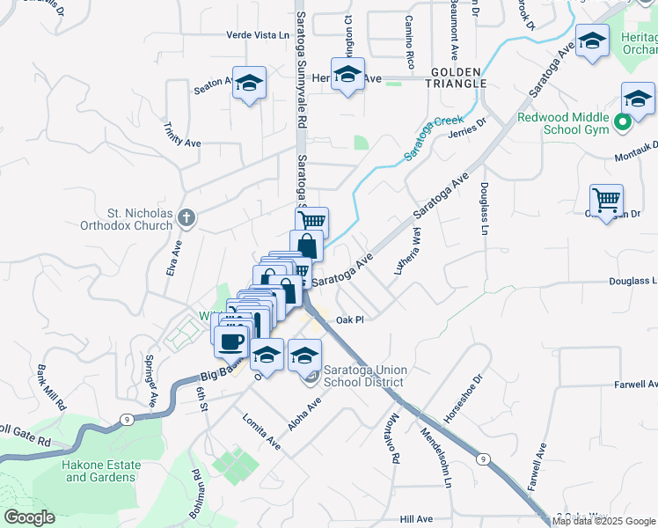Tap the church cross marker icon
[185, 216]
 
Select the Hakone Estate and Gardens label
[100, 471]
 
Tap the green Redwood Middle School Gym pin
[624, 122]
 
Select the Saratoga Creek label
[433, 137]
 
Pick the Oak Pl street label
[349, 320]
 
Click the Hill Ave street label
[416, 519]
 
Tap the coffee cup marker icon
[232, 341]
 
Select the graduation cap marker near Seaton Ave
[250, 84]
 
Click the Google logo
[29, 517]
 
